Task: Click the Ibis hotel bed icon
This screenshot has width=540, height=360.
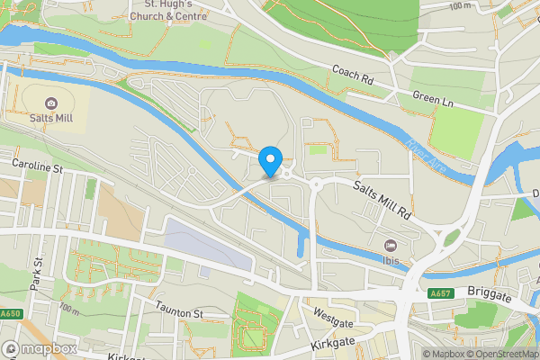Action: pyautogui.click(x=390, y=245)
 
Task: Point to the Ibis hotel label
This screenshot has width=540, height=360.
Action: pyautogui.click(x=390, y=260)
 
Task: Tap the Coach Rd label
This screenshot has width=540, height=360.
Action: pyautogui.click(x=351, y=76)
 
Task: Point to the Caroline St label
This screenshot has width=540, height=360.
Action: pyautogui.click(x=35, y=167)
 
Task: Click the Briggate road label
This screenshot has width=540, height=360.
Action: pyautogui.click(x=489, y=292)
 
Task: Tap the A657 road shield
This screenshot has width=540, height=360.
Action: pyautogui.click(x=440, y=293)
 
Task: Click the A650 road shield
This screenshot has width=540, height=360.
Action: pyautogui.click(x=10, y=313)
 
